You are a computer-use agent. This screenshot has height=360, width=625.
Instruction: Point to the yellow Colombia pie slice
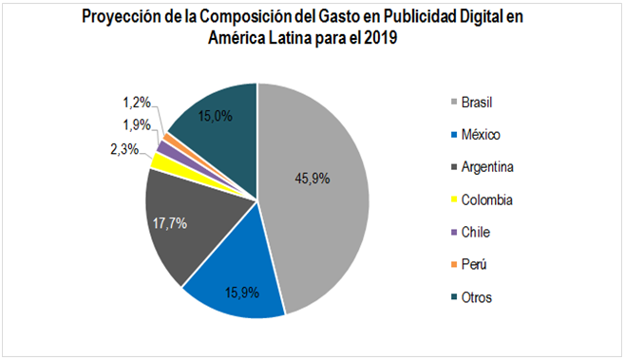pos(162,161)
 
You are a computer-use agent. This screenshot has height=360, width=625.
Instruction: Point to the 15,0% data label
pos(218,116)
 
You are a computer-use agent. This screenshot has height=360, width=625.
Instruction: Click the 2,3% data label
pos(123,148)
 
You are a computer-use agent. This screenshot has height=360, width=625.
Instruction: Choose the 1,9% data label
pos(136,124)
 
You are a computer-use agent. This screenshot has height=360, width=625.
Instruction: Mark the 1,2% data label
pos(137,102)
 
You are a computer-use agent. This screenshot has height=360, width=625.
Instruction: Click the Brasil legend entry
pos(482,102)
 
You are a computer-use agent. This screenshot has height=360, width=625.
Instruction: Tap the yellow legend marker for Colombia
pos(453,199)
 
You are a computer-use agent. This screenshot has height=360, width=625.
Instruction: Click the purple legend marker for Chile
pos(453,232)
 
